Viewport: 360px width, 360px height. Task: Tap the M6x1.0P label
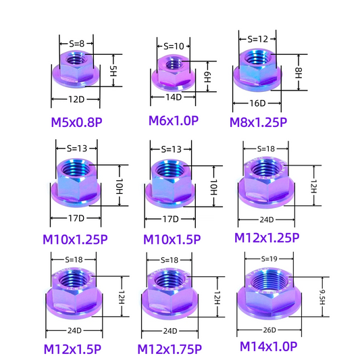point(174,121)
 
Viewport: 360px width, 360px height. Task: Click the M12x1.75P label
point(170,349)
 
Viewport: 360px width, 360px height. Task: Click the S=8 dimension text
point(76,45)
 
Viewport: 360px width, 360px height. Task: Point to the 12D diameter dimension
point(76,100)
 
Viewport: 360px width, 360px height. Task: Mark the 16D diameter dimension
point(257,103)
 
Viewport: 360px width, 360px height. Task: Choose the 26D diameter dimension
point(269,330)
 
